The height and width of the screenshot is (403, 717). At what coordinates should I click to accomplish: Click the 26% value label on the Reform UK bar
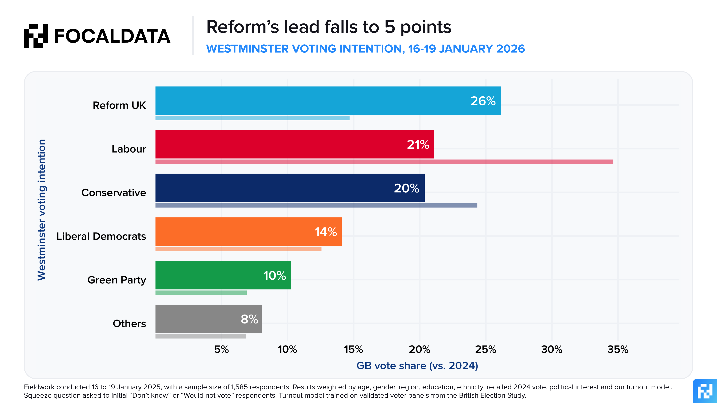pyautogui.click(x=483, y=101)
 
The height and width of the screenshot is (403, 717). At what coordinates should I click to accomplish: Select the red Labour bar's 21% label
pyautogui.click(x=418, y=145)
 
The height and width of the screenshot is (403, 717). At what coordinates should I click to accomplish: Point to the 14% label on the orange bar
pyautogui.click(x=326, y=232)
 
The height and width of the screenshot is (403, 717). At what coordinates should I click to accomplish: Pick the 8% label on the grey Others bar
pyautogui.click(x=249, y=319)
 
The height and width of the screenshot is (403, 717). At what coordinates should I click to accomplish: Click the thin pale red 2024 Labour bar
pyautogui.click(x=384, y=162)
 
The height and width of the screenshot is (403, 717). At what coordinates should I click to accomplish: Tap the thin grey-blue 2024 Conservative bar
pyautogui.click(x=316, y=205)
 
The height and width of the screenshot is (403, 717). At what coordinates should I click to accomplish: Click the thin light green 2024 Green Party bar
pyautogui.click(x=201, y=293)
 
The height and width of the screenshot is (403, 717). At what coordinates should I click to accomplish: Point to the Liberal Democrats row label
pyautogui.click(x=101, y=236)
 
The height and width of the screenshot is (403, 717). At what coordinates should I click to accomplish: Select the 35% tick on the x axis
pyautogui.click(x=618, y=349)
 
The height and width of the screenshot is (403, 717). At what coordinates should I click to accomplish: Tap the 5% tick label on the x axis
pyautogui.click(x=221, y=349)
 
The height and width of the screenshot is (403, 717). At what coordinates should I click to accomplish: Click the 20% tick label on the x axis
pyautogui.click(x=419, y=349)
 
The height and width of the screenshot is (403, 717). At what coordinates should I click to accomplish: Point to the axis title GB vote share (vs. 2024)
pyautogui.click(x=417, y=366)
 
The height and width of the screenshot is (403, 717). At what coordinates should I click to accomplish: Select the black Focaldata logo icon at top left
pyautogui.click(x=36, y=36)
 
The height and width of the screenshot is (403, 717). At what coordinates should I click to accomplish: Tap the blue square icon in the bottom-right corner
pyautogui.click(x=705, y=391)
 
